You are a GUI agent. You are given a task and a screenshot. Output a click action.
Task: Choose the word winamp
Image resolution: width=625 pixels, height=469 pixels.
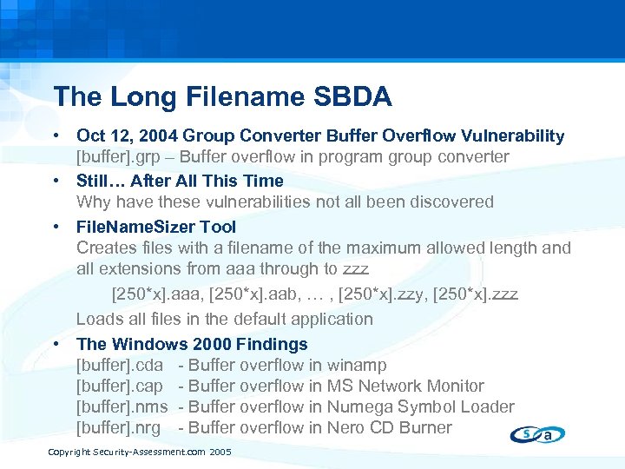pos(357,366)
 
